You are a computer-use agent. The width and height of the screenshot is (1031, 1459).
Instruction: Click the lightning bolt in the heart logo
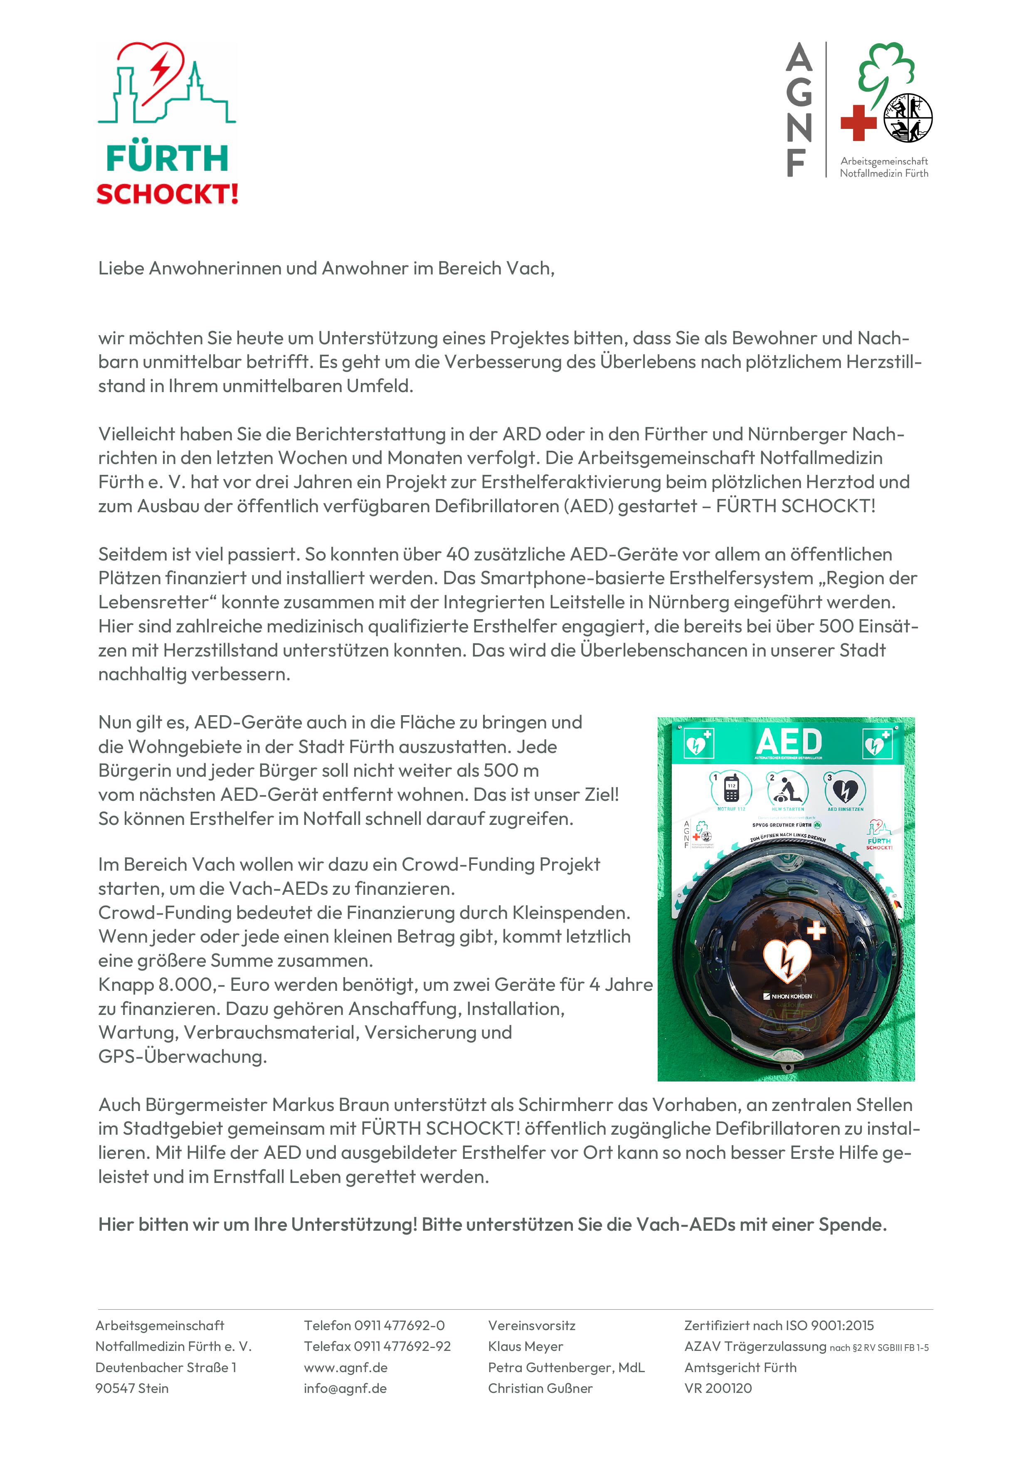160,68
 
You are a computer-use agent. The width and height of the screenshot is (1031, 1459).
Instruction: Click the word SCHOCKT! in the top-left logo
167,194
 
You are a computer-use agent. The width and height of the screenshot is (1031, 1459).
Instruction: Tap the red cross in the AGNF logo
858,123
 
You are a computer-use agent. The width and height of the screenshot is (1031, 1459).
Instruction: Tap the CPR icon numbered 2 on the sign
788,789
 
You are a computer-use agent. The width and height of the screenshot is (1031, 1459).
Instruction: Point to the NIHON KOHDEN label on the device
788,996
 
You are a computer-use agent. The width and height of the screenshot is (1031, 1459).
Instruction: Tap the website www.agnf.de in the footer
345,1367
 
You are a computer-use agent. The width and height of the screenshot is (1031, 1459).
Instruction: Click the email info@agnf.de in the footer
345,1388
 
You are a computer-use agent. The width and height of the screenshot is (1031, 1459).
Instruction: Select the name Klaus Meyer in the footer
525,1346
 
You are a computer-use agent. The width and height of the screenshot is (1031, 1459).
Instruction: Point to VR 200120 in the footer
718,1388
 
